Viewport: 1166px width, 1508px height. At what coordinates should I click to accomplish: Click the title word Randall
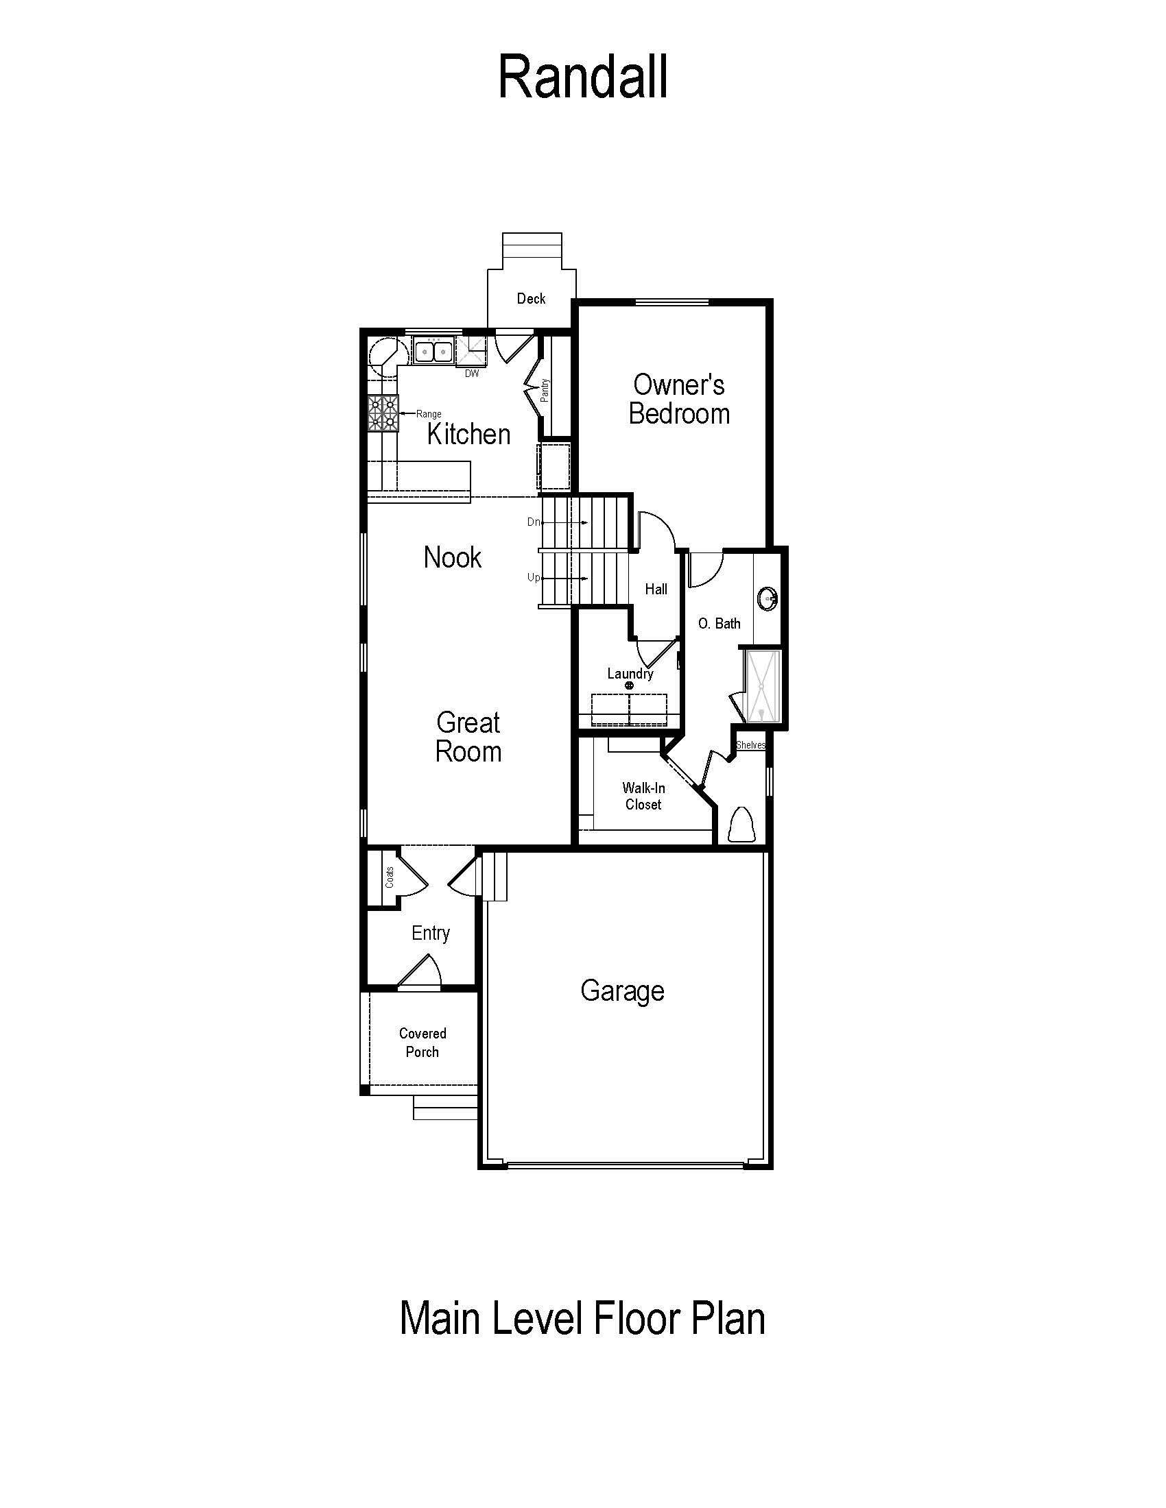(582, 77)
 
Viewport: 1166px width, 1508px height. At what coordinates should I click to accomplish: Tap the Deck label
(531, 298)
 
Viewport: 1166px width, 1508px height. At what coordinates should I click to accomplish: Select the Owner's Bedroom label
(679, 399)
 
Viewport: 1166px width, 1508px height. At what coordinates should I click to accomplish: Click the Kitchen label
(469, 435)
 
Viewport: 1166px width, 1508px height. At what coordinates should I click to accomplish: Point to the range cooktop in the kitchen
(383, 413)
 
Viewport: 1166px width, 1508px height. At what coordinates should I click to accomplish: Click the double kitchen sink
(433, 351)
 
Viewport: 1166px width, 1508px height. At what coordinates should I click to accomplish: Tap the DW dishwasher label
(472, 374)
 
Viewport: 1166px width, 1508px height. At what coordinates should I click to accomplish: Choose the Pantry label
(545, 391)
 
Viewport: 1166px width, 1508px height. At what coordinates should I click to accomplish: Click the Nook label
(453, 557)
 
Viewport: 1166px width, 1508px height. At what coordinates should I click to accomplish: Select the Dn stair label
(533, 522)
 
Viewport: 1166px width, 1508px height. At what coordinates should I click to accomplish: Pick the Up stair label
(533, 577)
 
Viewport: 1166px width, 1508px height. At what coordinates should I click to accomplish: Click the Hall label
(656, 589)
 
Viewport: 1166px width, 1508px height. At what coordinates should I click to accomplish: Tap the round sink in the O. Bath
(768, 598)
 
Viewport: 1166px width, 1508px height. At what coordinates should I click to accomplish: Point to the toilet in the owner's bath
(743, 824)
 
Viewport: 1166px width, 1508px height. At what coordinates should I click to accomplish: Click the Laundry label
(630, 674)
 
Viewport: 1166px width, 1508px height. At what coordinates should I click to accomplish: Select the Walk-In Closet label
(643, 796)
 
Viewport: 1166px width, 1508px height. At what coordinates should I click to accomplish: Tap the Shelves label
(750, 745)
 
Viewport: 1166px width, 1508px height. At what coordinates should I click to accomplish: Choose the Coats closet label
(390, 877)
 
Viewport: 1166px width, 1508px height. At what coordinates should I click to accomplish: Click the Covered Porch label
(423, 1043)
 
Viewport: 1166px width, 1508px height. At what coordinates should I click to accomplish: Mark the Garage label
(622, 992)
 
